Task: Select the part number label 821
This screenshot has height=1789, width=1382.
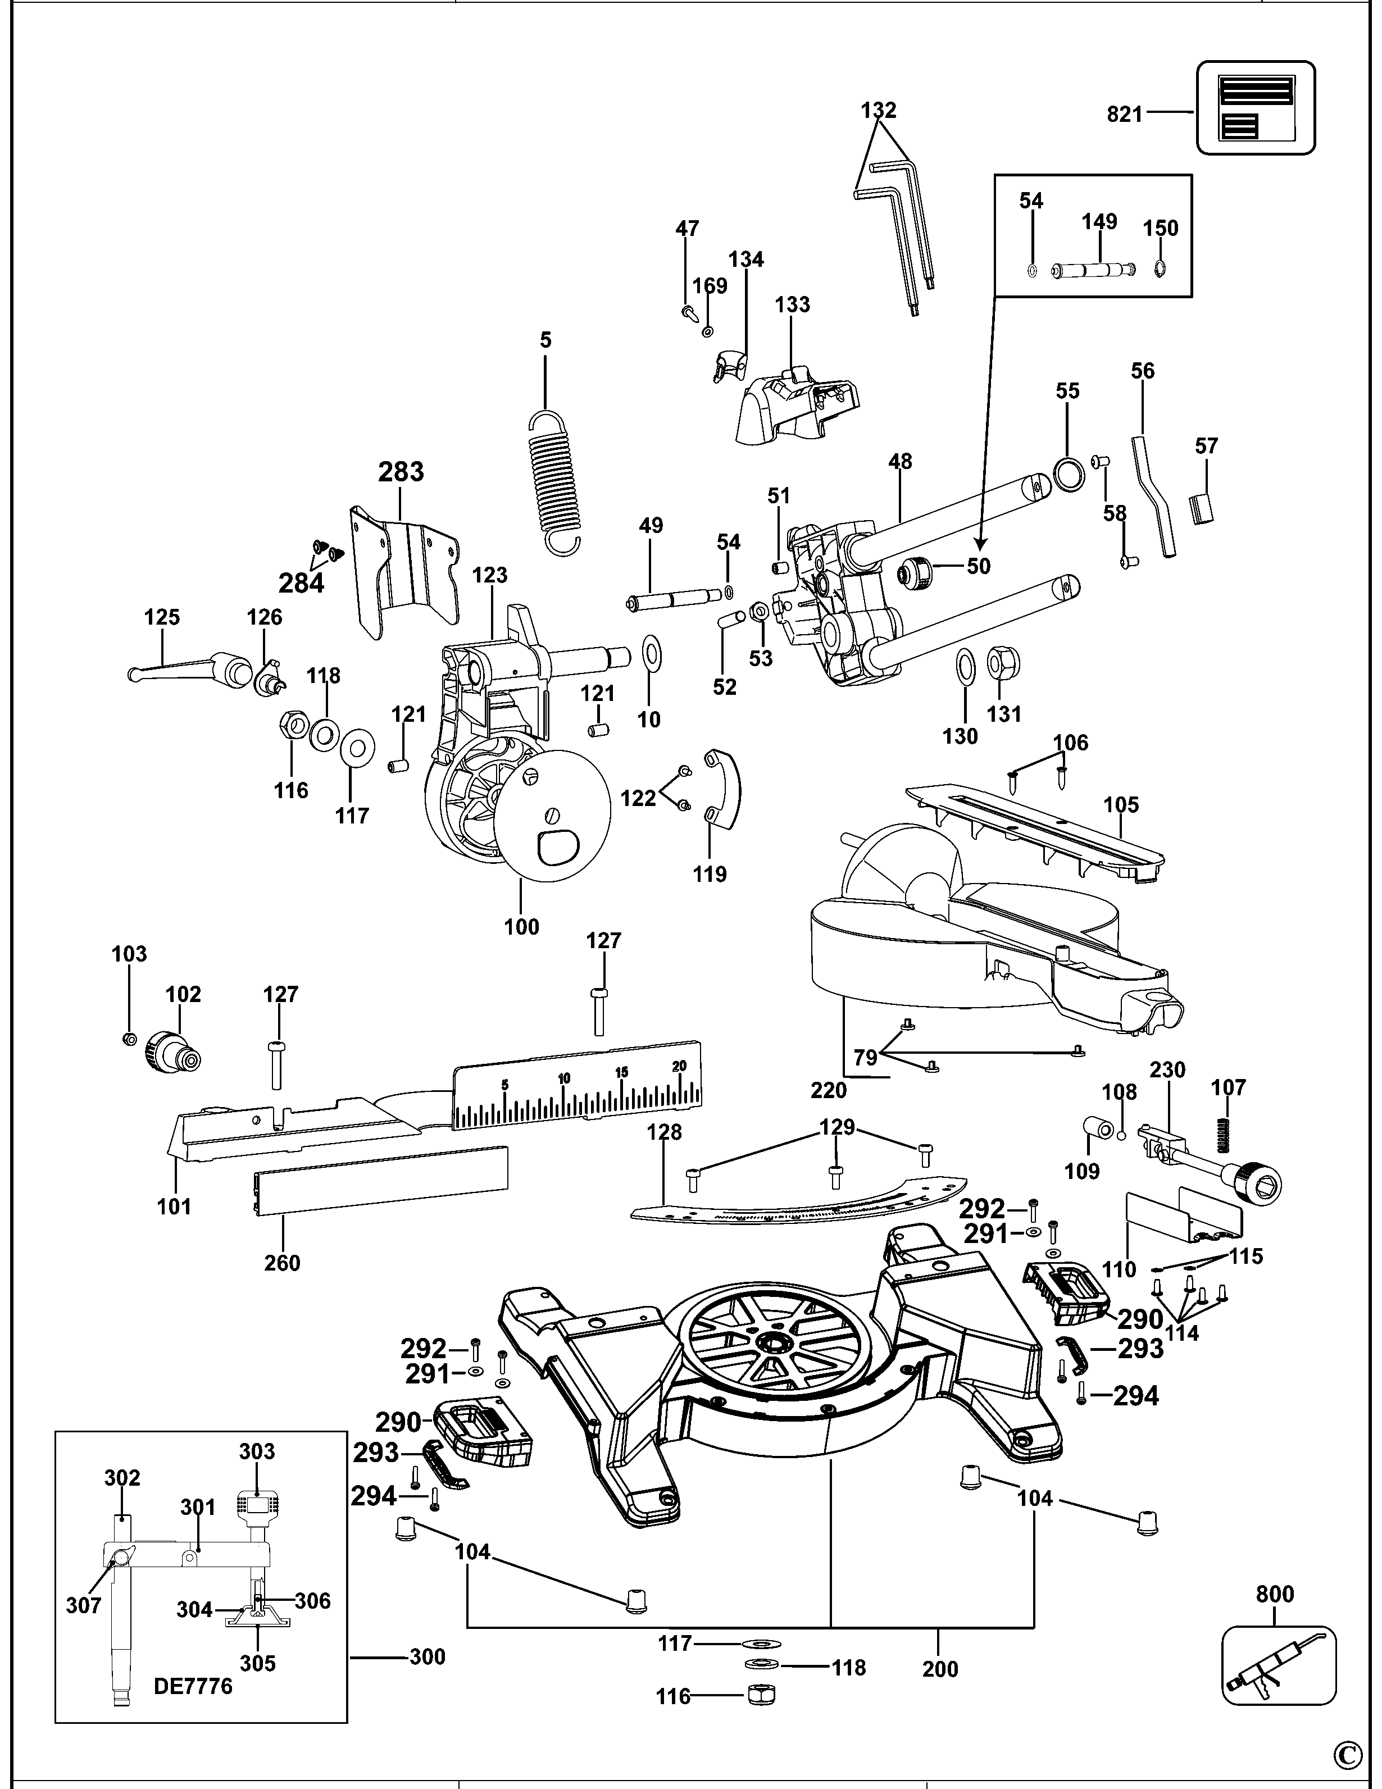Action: (x=1124, y=115)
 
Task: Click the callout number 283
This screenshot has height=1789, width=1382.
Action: (x=401, y=472)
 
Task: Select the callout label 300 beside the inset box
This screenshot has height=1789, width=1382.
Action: (x=427, y=1657)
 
